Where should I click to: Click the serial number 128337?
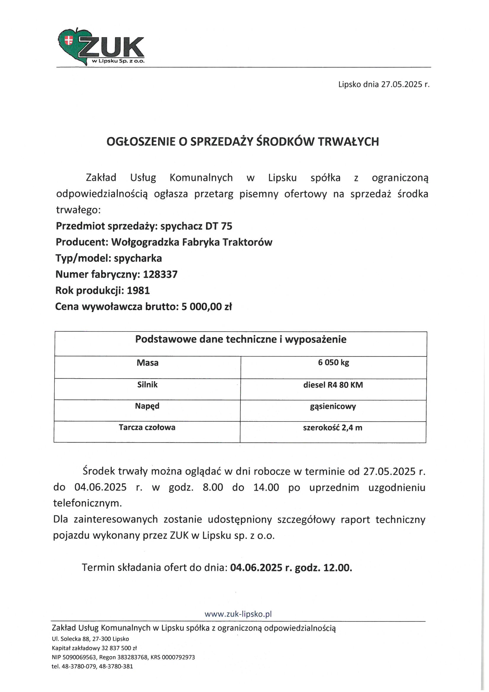[x=160, y=274]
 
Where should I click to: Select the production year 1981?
[x=138, y=290]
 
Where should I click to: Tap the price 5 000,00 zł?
[x=207, y=307]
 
